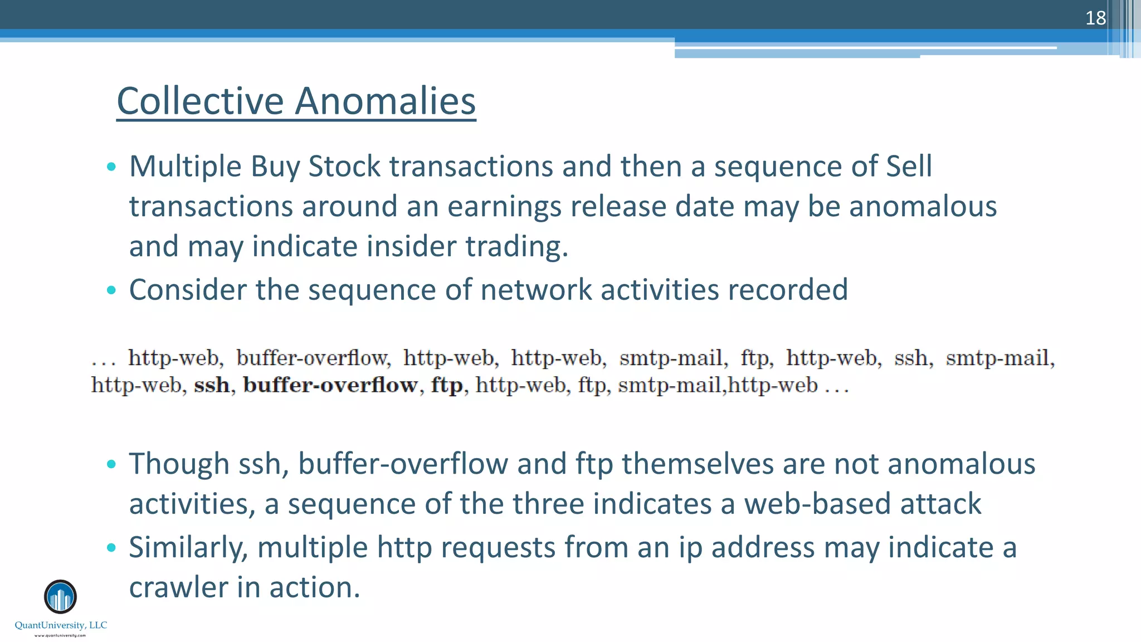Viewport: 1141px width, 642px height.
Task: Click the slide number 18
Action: pyautogui.click(x=1095, y=18)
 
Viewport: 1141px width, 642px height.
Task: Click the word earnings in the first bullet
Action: pyautogui.click(x=504, y=206)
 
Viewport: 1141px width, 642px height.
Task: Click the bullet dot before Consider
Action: pyautogui.click(x=111, y=290)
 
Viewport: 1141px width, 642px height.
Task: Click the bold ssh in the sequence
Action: pyautogui.click(x=212, y=385)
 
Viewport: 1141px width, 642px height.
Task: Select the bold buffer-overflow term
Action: pyautogui.click(x=330, y=385)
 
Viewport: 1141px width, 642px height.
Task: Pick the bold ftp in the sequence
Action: pyautogui.click(x=447, y=385)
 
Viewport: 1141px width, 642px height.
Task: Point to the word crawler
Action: pyautogui.click(x=178, y=587)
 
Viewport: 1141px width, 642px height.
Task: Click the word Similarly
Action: pyautogui.click(x=188, y=547)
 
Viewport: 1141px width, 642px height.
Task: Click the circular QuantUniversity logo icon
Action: pyautogui.click(x=60, y=597)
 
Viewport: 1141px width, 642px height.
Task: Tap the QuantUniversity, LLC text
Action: pyautogui.click(x=61, y=625)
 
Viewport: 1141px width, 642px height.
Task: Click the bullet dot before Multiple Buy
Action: pyautogui.click(x=111, y=166)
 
